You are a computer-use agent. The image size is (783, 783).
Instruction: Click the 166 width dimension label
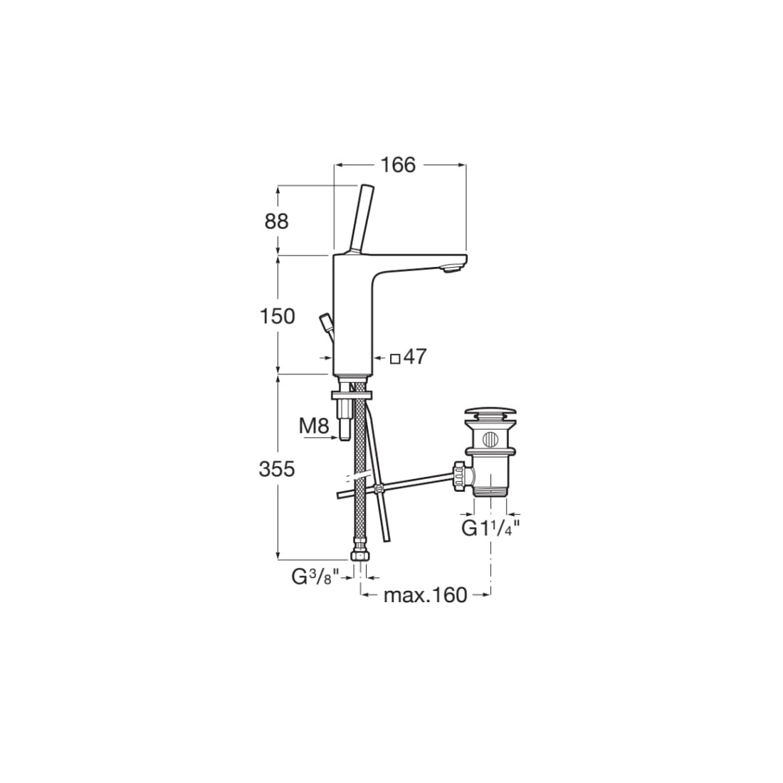(x=398, y=164)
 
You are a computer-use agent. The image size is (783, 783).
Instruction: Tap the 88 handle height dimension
(x=276, y=221)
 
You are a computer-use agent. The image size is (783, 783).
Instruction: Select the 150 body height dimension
(x=277, y=316)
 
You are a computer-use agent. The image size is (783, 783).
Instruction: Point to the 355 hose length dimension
(x=277, y=469)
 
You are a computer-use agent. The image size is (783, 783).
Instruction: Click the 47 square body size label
(x=415, y=357)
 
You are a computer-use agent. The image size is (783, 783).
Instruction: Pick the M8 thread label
(x=314, y=426)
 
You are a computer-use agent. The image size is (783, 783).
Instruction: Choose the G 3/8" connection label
(x=315, y=577)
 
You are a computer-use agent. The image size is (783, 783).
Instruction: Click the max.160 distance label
(x=425, y=595)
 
